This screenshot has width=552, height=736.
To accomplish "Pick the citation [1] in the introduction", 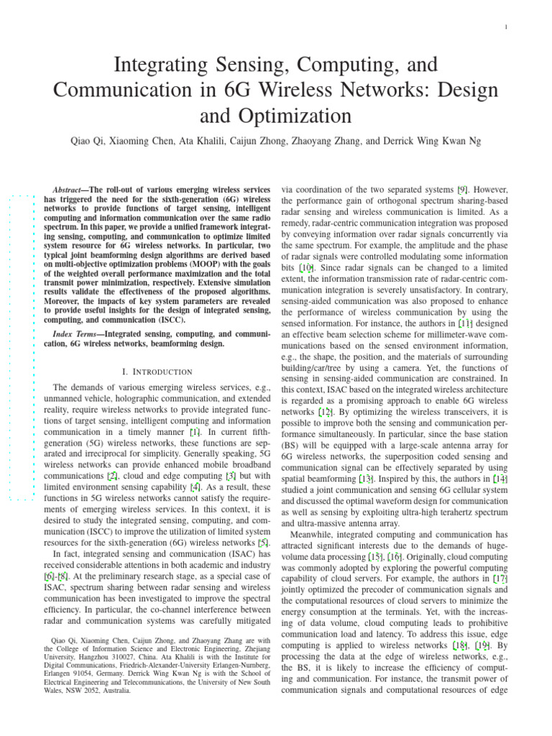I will tap(195, 432).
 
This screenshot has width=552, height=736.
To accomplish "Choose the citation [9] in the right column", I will tap(465, 189).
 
